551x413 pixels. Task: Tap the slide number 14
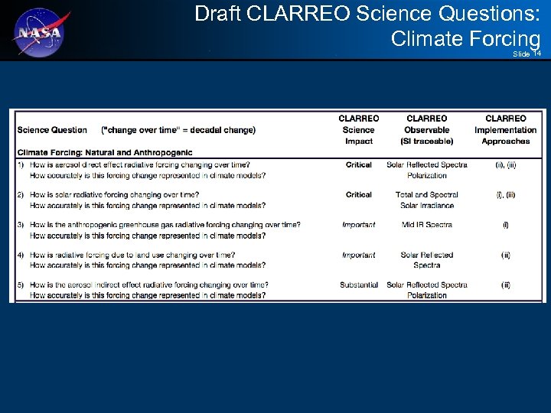[537, 54]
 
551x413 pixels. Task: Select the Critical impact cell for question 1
[358, 164]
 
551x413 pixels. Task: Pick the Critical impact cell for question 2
[358, 194]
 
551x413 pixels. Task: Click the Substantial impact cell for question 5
[359, 285]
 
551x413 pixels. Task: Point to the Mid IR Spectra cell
[427, 225]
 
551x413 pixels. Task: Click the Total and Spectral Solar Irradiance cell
[427, 200]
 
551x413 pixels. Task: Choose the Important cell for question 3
[358, 225]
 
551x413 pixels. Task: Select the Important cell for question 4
[358, 255]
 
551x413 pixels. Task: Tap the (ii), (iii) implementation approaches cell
[506, 164]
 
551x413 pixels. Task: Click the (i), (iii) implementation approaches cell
[506, 194]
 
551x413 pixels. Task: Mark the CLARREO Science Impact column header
[358, 130]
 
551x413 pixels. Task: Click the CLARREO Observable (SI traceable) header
[427, 130]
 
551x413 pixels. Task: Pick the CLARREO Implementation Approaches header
[506, 130]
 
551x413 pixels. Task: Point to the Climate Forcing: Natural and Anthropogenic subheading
[105, 152]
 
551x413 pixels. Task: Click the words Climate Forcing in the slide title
[465, 38]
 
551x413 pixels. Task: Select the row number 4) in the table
[21, 255]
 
